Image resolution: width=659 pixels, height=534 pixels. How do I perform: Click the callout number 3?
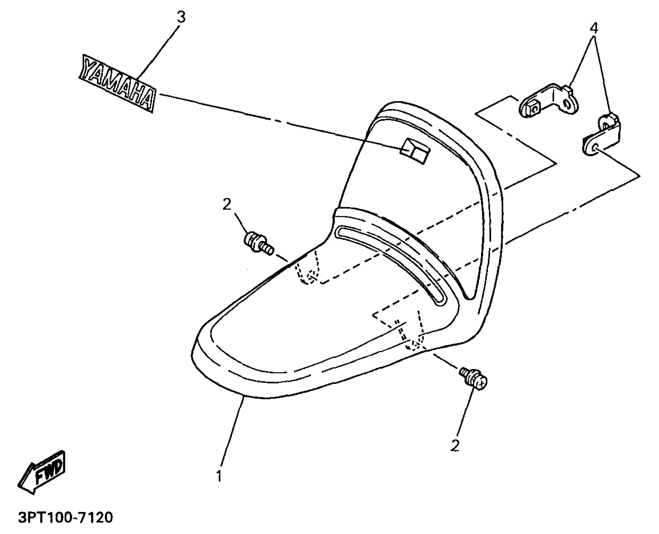(x=181, y=18)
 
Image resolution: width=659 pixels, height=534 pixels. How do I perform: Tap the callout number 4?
(x=593, y=29)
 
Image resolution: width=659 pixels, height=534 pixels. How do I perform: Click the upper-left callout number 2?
(x=226, y=205)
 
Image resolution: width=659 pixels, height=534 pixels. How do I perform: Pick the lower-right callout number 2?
(x=455, y=445)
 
